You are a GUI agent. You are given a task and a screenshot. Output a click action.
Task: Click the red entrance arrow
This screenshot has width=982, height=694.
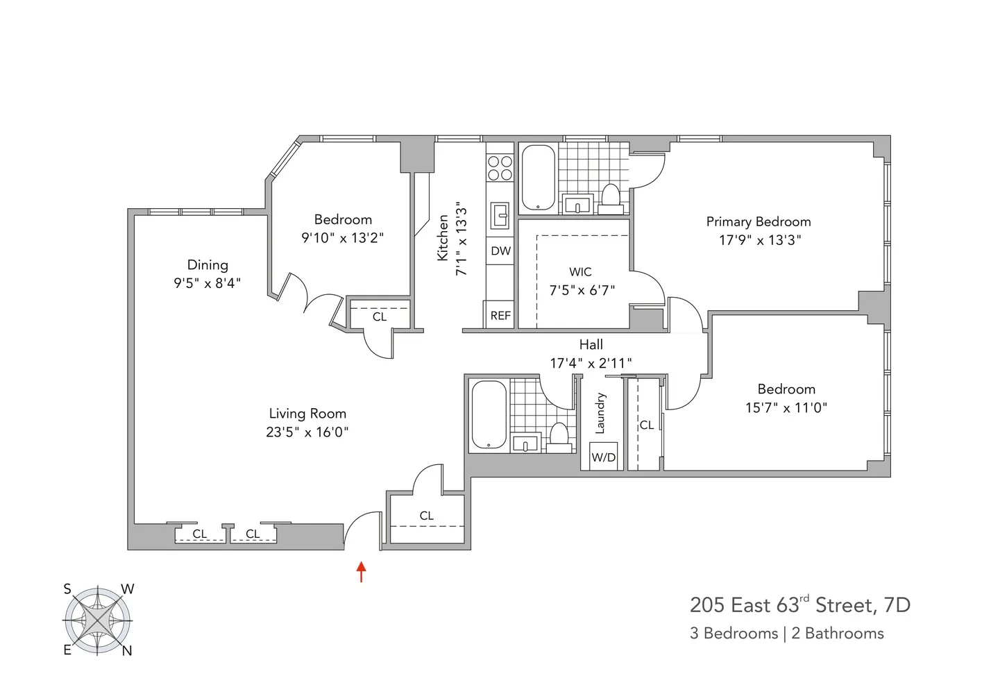(361, 571)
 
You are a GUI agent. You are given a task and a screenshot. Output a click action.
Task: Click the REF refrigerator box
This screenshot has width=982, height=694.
(500, 315)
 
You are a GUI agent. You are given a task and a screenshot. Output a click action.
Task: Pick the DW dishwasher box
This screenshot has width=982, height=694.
(500, 251)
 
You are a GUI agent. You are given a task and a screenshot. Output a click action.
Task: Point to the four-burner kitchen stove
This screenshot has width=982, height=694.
(500, 168)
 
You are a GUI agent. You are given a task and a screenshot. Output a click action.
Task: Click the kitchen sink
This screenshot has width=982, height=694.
(500, 215)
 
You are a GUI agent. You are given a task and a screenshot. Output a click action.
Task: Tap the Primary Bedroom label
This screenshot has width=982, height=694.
(759, 221)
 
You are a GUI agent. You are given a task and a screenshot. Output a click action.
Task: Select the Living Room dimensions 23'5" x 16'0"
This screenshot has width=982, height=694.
(307, 432)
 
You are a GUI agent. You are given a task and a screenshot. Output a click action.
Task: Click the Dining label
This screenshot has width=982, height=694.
(208, 264)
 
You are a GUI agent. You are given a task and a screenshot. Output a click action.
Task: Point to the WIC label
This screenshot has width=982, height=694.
(580, 271)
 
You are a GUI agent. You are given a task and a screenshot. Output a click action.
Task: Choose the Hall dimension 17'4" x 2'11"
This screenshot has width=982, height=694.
(591, 362)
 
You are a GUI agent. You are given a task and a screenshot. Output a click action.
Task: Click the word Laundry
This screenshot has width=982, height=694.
(601, 413)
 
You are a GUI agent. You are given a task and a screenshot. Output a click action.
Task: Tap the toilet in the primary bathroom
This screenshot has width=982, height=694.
(611, 196)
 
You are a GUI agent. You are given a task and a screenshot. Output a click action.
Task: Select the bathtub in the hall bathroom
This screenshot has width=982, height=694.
(489, 415)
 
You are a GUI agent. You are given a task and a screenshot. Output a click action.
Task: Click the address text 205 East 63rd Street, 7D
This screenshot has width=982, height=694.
(799, 604)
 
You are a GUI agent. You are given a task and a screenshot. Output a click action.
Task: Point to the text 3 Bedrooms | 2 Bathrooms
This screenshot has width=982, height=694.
(786, 633)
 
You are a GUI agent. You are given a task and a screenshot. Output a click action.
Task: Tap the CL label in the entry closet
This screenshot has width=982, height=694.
(426, 516)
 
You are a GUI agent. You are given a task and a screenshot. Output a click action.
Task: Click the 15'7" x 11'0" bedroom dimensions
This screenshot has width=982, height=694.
(786, 407)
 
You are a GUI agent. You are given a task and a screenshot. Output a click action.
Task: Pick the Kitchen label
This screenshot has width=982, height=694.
(443, 238)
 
